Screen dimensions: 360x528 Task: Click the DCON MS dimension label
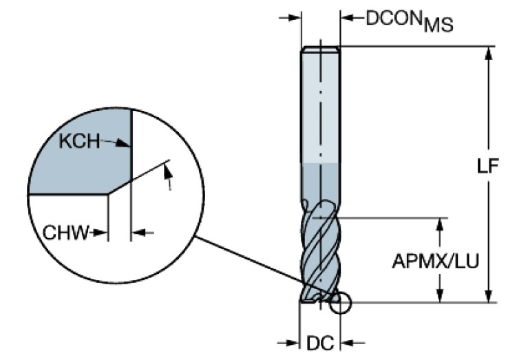[x=409, y=20]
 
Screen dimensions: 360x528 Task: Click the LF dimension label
[x=487, y=167]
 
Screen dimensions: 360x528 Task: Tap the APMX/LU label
[x=436, y=261]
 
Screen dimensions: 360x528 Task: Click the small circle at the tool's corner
[x=340, y=304]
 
